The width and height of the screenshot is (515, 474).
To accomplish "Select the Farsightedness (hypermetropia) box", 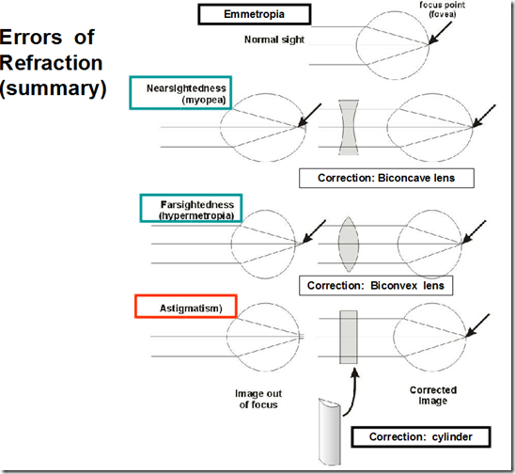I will (x=191, y=209).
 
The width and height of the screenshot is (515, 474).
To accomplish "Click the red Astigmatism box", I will (x=184, y=308).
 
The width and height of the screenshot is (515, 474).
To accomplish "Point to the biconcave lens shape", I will (x=347, y=128).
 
